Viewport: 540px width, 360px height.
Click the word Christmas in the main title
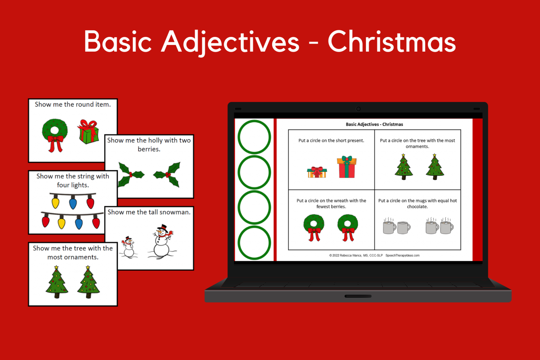tap(392, 42)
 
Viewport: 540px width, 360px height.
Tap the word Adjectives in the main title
tap(230, 42)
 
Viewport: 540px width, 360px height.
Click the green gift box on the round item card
tap(88, 132)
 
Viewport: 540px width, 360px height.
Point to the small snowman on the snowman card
tap(128, 247)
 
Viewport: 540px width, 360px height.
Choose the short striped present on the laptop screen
tap(317, 172)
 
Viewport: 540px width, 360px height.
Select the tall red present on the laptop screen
tap(347, 167)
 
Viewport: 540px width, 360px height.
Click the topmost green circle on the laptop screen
tap(254, 137)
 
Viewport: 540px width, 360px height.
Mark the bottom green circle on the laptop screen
tap(254, 243)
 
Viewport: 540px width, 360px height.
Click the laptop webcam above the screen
tap(358, 109)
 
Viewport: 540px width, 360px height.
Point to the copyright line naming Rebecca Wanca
tap(356, 256)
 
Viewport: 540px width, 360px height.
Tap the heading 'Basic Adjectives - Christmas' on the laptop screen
tap(374, 124)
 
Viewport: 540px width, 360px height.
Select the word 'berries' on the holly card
tap(149, 149)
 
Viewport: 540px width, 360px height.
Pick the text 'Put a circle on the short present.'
tap(331, 141)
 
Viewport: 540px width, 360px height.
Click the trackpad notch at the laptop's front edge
tap(358, 296)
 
